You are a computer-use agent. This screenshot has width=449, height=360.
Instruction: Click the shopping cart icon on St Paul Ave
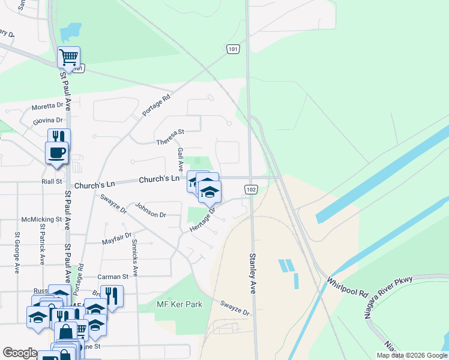click(68, 57)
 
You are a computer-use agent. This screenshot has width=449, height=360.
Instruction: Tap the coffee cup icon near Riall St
click(57, 152)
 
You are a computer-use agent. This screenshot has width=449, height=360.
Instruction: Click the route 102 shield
click(251, 190)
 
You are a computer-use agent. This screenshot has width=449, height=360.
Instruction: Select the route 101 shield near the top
click(234, 49)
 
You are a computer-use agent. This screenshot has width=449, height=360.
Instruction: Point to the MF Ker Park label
click(179, 305)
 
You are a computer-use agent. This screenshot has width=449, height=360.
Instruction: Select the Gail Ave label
click(179, 158)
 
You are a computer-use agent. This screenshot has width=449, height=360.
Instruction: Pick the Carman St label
click(113, 277)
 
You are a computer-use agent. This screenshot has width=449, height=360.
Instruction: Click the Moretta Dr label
click(47, 109)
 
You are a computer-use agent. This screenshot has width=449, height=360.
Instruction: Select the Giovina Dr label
click(48, 121)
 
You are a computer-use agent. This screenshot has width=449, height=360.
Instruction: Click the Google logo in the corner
click(20, 353)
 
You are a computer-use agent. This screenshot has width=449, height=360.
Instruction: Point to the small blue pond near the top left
click(71, 31)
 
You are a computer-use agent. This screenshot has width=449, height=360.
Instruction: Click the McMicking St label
click(41, 220)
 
